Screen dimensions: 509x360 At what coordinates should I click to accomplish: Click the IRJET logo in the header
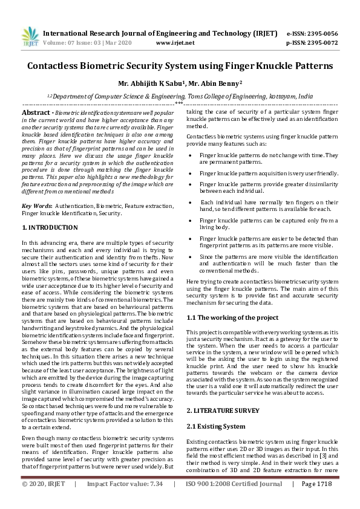(27, 37)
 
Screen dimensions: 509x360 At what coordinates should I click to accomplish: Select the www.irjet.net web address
(175, 43)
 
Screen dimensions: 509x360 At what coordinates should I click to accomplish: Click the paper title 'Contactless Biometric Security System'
(180, 65)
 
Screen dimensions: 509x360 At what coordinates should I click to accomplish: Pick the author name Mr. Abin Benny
(221, 83)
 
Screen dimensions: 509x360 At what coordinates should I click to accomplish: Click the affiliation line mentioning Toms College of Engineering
(180, 96)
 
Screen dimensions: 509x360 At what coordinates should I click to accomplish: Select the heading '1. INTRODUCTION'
(50, 227)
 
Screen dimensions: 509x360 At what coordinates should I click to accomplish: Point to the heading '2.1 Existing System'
(216, 409)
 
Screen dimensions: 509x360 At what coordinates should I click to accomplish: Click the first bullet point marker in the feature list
(191, 155)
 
